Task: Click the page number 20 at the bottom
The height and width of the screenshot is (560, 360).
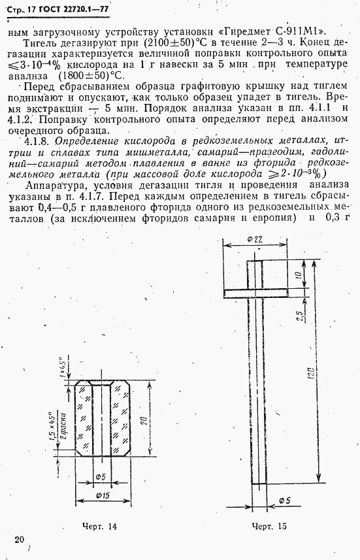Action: click(19, 539)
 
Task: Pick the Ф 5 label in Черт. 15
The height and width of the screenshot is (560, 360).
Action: click(285, 500)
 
